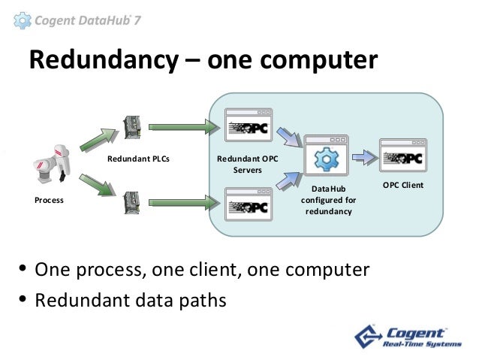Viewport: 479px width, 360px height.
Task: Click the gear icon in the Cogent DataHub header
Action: [25, 20]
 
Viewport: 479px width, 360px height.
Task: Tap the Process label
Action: [49, 201]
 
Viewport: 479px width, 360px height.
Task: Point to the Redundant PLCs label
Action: [139, 159]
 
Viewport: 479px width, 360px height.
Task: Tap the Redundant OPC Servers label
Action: [247, 165]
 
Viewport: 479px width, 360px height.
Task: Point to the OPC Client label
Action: [404, 185]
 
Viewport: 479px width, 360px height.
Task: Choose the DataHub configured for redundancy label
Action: [329, 201]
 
